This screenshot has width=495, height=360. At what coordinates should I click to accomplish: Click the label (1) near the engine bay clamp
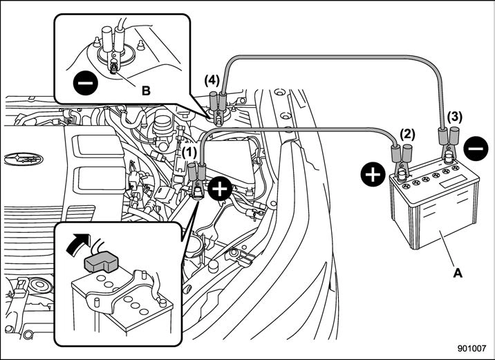click(x=189, y=149)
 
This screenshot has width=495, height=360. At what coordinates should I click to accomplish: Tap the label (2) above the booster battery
click(x=407, y=134)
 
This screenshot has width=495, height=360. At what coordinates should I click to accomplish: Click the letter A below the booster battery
click(x=456, y=274)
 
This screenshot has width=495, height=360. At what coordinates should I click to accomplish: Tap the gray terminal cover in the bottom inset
click(x=100, y=262)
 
